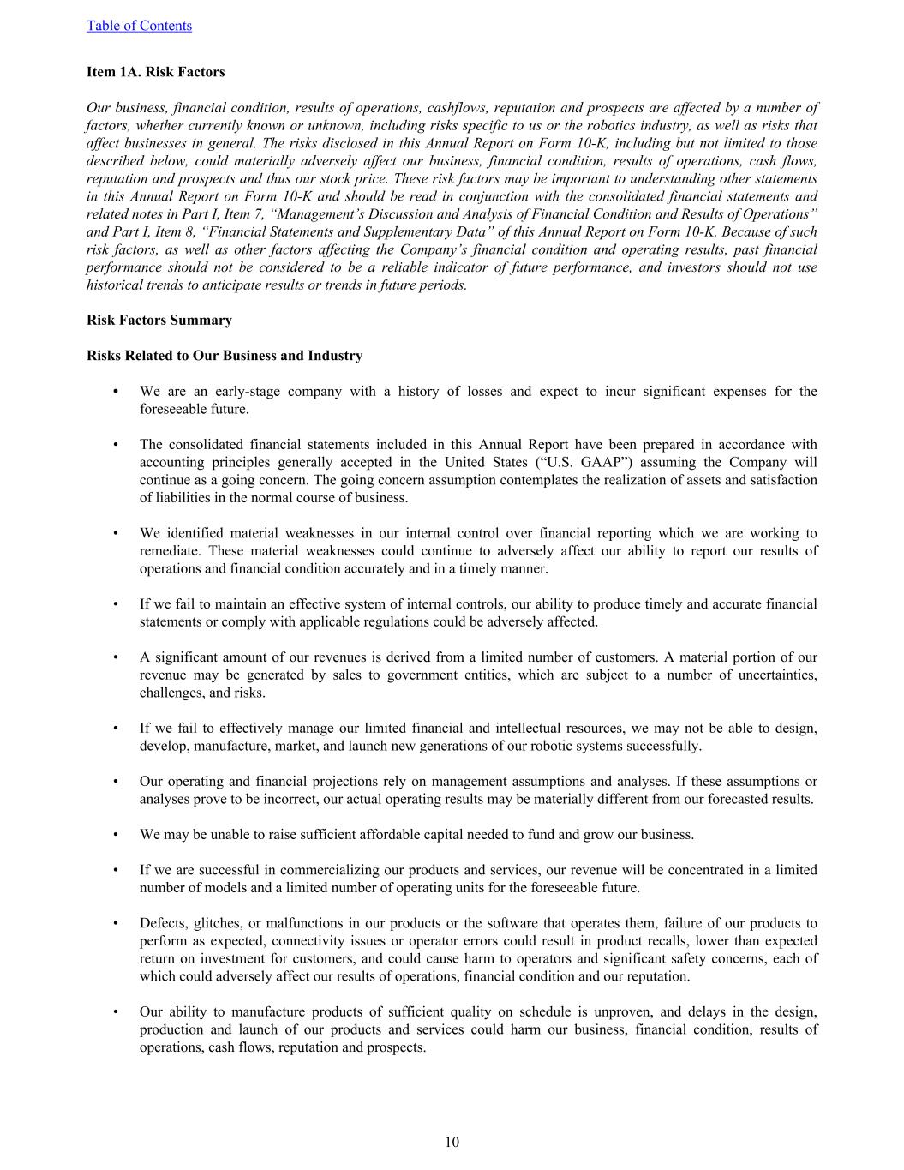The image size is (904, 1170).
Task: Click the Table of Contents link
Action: [139, 26]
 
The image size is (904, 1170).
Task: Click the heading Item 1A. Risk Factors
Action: [155, 72]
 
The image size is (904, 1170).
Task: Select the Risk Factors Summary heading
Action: [159, 321]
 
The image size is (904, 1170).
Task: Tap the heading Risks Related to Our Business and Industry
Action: [225, 356]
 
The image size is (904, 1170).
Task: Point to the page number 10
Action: [452, 1142]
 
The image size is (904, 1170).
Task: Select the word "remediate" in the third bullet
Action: [170, 551]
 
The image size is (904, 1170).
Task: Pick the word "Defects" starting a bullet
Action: [163, 923]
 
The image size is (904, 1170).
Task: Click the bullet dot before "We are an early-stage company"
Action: [115, 392]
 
